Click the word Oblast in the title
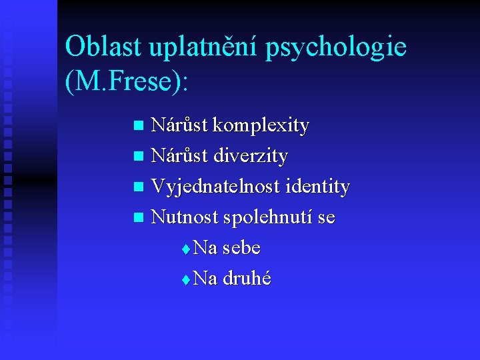coord(103,46)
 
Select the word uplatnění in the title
coord(203,46)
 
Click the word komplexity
coord(267,125)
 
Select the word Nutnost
coord(184,217)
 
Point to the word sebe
coord(241,248)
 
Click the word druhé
coord(247,279)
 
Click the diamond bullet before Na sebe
coord(185,249)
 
